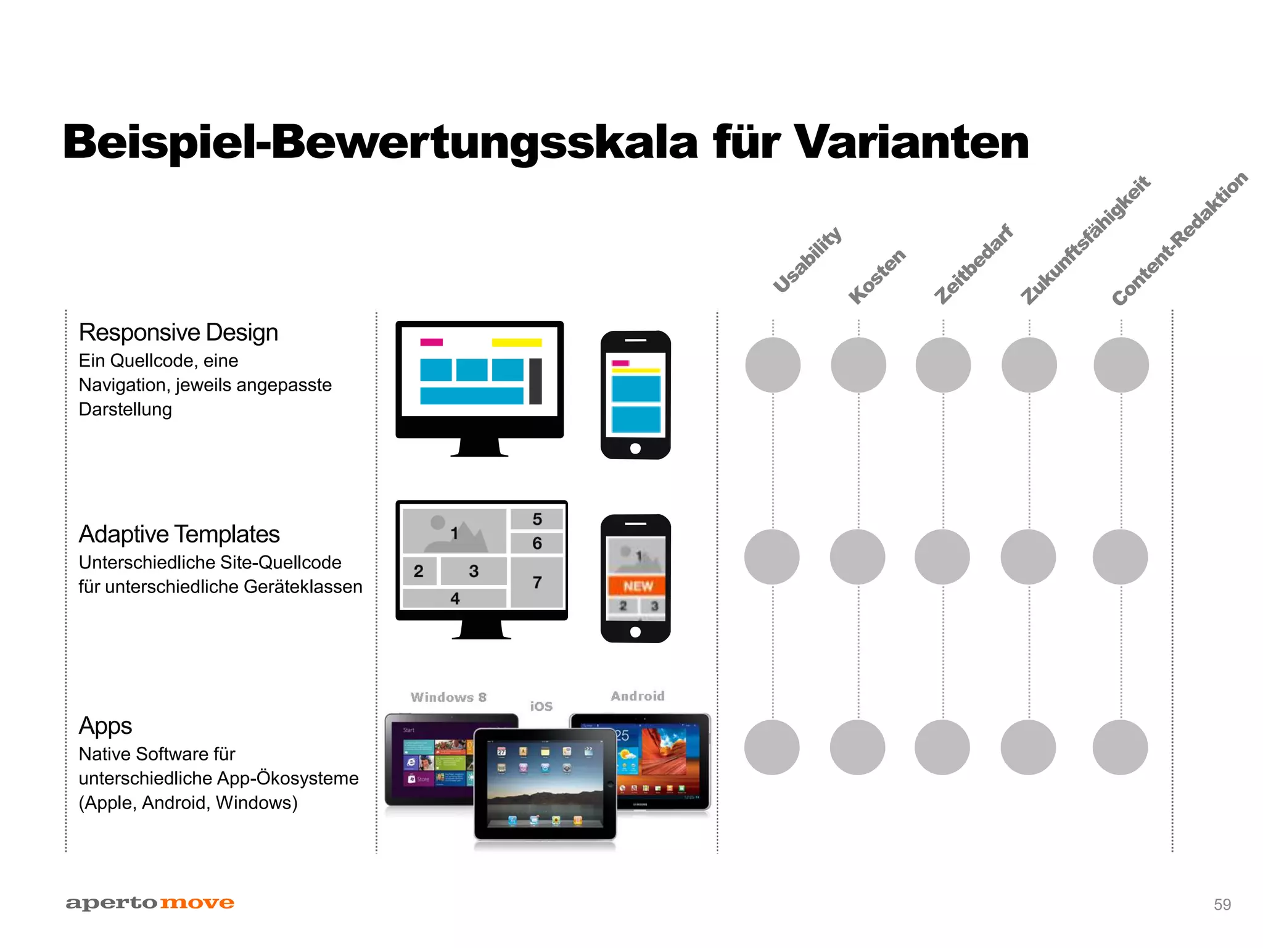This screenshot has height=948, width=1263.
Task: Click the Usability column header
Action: click(807, 259)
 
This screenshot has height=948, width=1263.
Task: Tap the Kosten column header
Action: click(876, 276)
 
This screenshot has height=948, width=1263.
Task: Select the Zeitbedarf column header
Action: click(973, 264)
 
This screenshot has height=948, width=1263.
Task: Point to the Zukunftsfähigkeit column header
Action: click(1085, 239)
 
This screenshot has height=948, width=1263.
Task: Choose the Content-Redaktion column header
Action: click(1179, 238)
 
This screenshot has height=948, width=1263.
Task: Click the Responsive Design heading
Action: click(178, 333)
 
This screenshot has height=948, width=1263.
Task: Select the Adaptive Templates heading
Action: click(179, 534)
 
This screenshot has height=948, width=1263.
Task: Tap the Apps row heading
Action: click(105, 726)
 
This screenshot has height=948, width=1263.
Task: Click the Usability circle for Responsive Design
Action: click(773, 365)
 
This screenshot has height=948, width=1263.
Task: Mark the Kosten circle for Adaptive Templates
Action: click(857, 557)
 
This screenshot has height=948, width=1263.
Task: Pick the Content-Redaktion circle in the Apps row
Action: click(1120, 747)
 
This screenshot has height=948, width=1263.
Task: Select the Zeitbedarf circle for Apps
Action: click(942, 747)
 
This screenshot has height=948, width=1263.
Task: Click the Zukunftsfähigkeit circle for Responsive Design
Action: click(1029, 365)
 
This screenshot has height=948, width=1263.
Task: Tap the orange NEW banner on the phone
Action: click(638, 586)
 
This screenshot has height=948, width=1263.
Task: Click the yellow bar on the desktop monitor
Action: click(517, 343)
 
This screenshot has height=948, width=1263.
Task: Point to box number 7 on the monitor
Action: click(537, 582)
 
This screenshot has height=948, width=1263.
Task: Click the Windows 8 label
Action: click(448, 697)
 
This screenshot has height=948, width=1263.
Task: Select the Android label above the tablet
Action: click(638, 696)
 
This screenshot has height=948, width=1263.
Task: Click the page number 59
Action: click(1222, 904)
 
